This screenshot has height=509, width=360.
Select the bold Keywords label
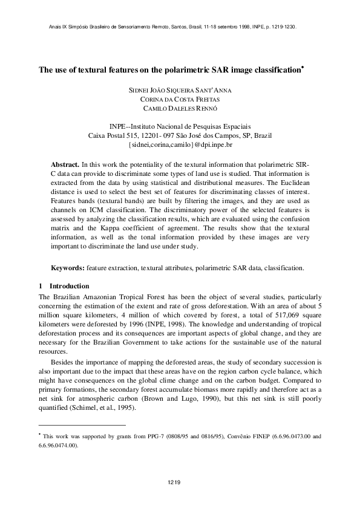pyautogui.click(x=67, y=267)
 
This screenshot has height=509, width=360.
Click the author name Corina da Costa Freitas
pyautogui.click(x=180, y=99)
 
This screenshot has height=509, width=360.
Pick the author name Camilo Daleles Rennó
pyautogui.click(x=180, y=108)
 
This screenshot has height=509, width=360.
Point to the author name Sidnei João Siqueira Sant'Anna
pyautogui.click(x=180, y=90)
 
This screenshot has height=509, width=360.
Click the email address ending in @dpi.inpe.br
pyautogui.click(x=180, y=145)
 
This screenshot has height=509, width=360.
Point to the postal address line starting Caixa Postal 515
pyautogui.click(x=180, y=136)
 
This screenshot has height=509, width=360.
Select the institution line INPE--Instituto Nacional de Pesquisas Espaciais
pyautogui.click(x=180, y=126)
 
